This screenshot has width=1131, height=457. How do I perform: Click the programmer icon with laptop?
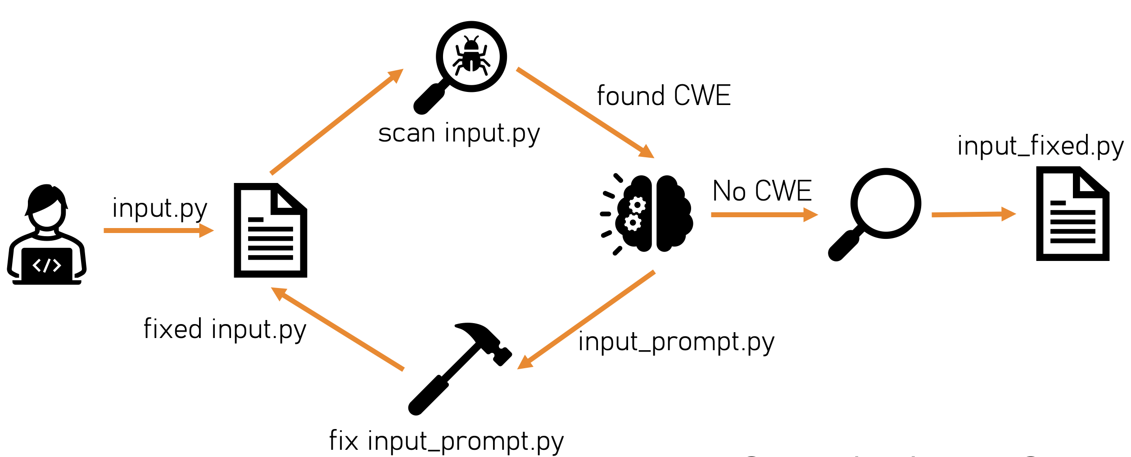[47, 234]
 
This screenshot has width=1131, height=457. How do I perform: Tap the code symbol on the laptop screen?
[47, 265]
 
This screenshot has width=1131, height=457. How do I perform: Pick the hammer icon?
[459, 367]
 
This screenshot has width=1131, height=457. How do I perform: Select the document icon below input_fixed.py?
[1072, 214]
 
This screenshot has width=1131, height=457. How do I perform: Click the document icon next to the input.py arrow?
[270, 230]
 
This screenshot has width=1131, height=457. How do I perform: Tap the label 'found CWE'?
[663, 96]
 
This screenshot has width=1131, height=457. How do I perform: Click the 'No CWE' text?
[762, 191]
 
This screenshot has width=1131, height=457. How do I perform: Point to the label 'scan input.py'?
[458, 134]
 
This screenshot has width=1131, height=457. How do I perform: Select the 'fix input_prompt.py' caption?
[446, 441]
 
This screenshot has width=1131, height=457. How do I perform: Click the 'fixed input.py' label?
[225, 329]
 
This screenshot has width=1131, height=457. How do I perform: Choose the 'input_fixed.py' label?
[1040, 146]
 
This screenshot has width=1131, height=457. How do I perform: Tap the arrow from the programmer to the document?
[158, 231]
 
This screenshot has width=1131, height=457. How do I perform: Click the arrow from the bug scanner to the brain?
[585, 113]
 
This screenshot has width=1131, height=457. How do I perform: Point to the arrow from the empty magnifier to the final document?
[973, 215]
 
